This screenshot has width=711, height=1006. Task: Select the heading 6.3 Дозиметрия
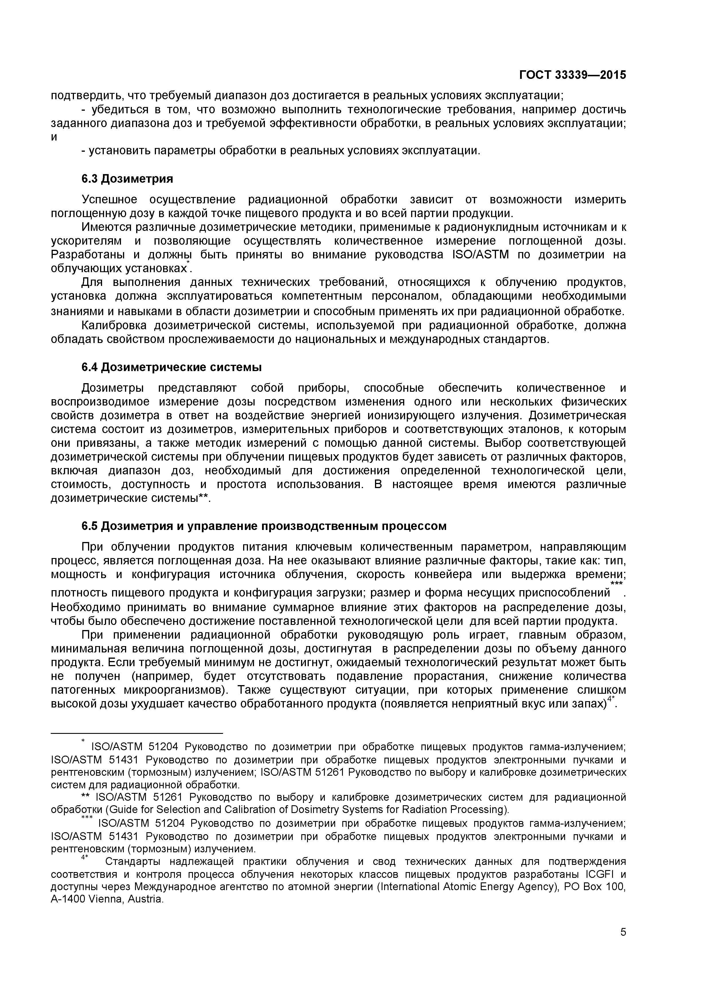(x=127, y=179)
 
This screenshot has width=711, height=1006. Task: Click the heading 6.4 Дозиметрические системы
(x=171, y=367)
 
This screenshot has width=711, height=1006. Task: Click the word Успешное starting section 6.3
(x=110, y=200)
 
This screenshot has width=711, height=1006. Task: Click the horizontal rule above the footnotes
(x=137, y=733)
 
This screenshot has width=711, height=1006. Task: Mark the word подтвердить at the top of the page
(x=85, y=95)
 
